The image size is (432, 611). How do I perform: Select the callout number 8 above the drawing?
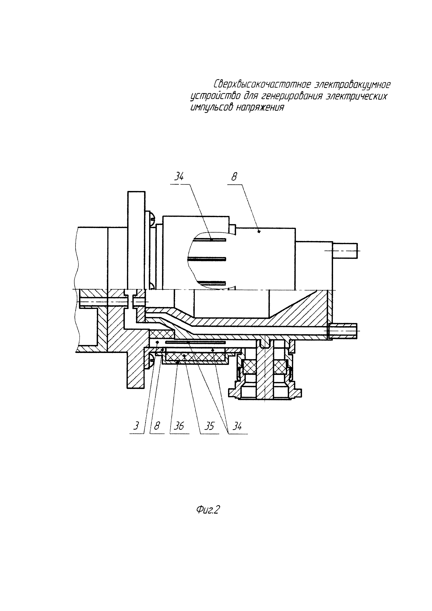tap(234, 177)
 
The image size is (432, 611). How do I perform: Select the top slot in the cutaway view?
tap(207, 240)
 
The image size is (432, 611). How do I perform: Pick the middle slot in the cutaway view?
tap(207, 259)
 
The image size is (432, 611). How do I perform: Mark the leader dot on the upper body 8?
tap(259, 232)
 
